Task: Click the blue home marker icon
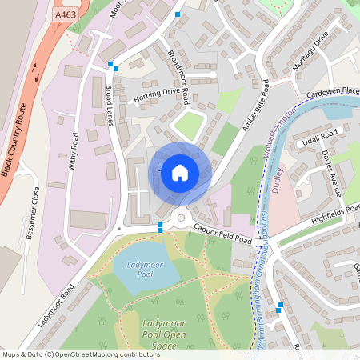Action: tap(180, 172)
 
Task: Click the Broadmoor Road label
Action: tap(178, 77)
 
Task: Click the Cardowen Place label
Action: tap(332, 93)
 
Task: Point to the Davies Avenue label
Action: tap(331, 171)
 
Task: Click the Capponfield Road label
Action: tap(222, 238)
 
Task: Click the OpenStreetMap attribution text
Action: tap(81, 354)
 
